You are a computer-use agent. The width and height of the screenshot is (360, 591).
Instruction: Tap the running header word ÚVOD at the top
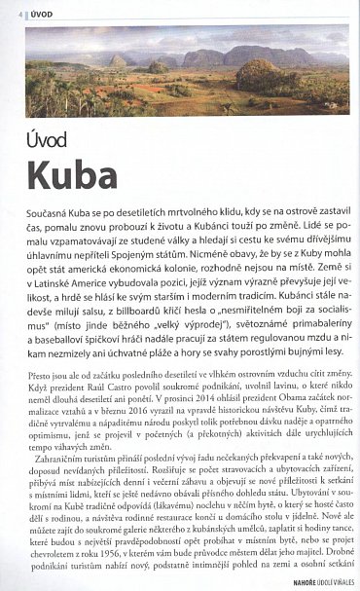pyautogui.click(x=37, y=13)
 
